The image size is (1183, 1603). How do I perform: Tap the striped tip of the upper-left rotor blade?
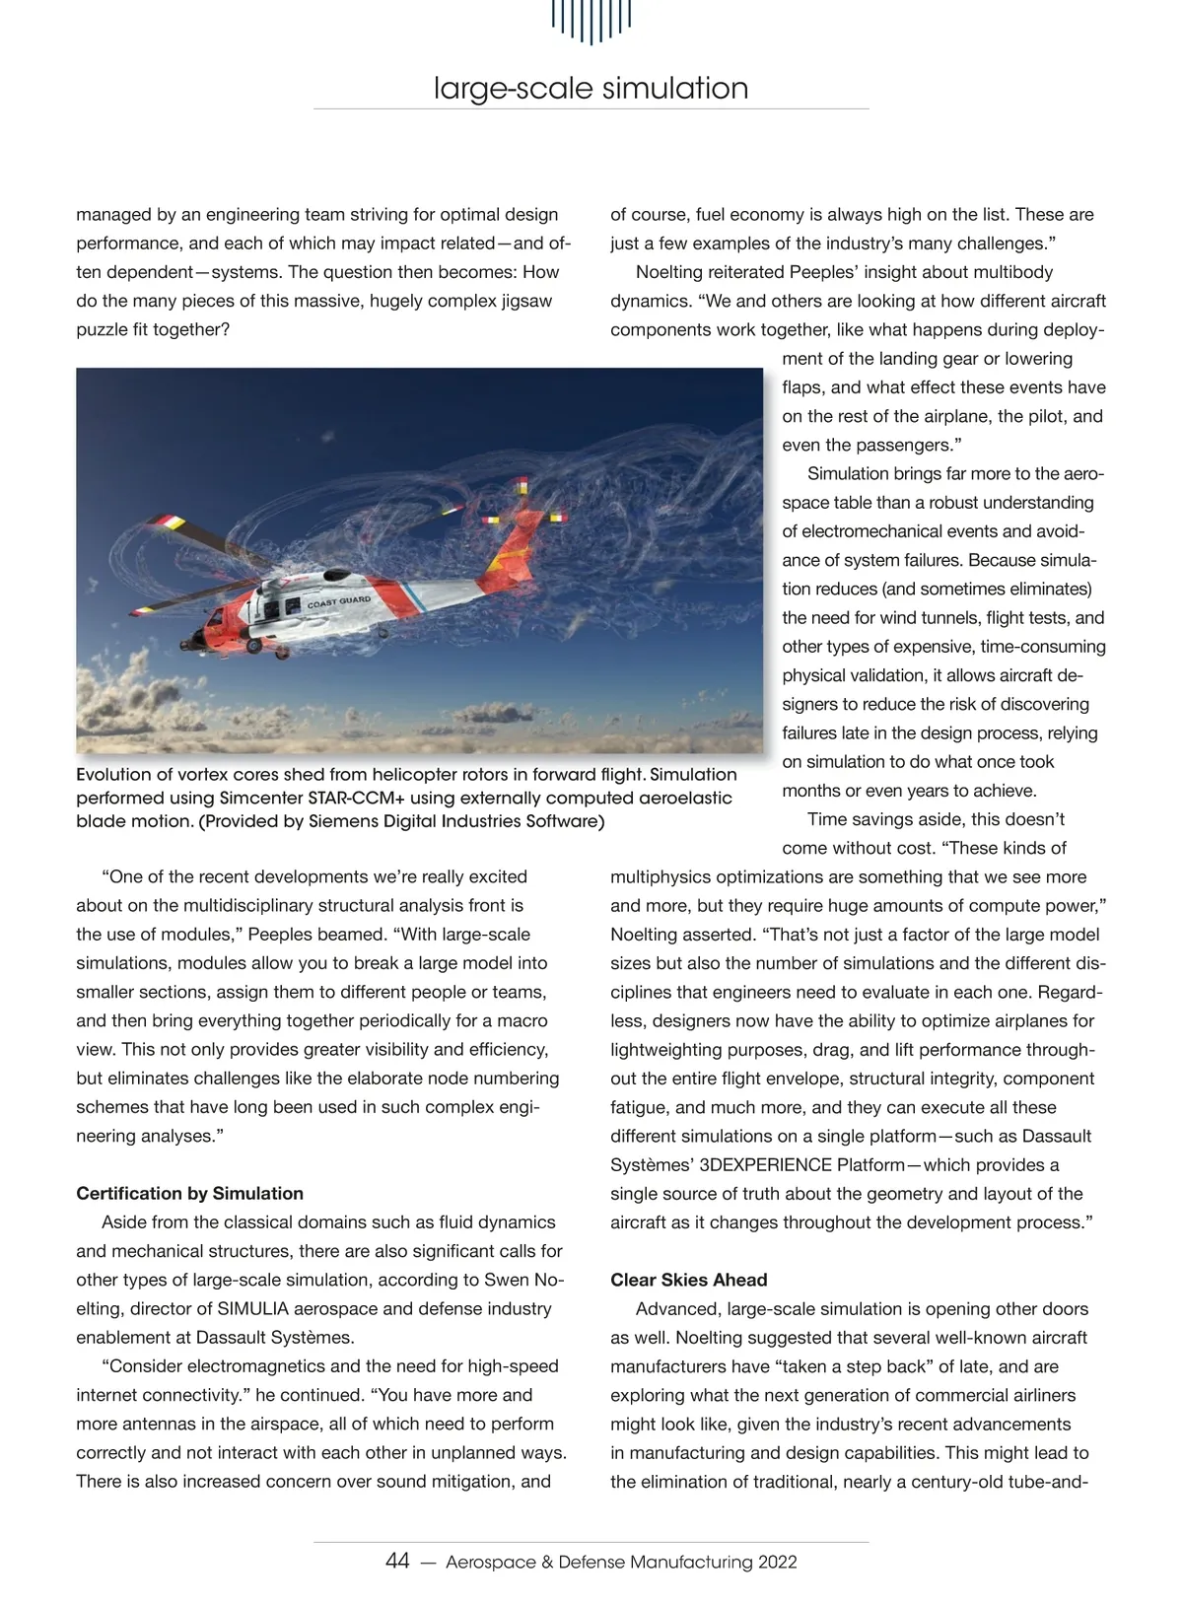(x=164, y=523)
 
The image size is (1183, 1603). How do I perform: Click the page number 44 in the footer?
(x=397, y=1562)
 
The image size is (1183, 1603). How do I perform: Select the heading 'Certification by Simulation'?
(x=189, y=1193)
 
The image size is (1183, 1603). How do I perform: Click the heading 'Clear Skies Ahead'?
(x=688, y=1280)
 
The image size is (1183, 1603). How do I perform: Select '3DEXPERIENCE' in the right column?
(x=765, y=1164)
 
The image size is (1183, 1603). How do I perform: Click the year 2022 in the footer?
(x=777, y=1563)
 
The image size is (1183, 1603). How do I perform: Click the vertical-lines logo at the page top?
(x=591, y=20)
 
